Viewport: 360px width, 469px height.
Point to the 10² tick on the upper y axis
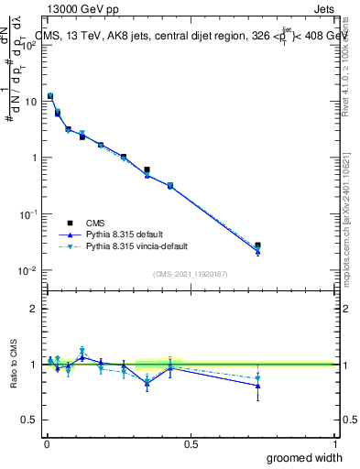[x=29, y=45]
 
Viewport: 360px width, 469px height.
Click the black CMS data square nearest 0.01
[x=50, y=96]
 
